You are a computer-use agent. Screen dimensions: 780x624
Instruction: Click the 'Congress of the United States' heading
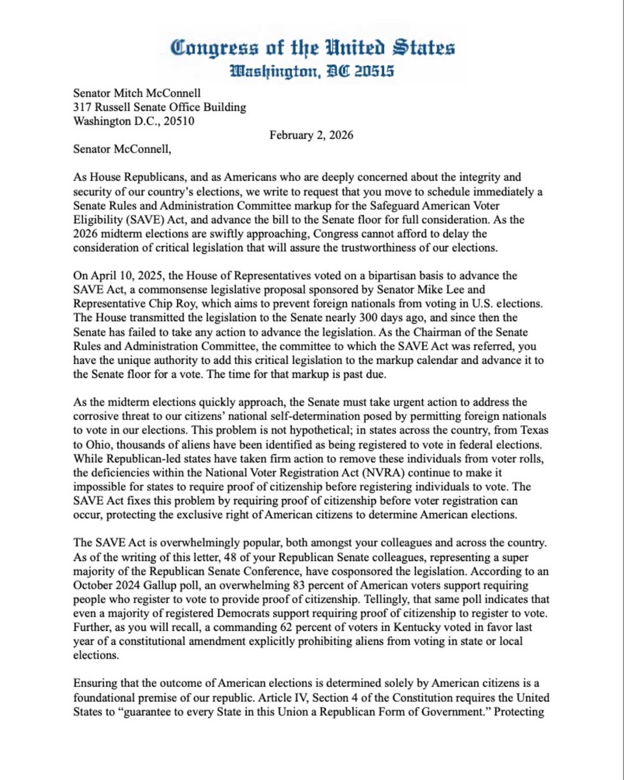(312, 48)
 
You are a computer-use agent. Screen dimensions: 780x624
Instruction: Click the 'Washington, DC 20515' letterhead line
(312, 71)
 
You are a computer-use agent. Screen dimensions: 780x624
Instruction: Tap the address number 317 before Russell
(83, 107)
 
